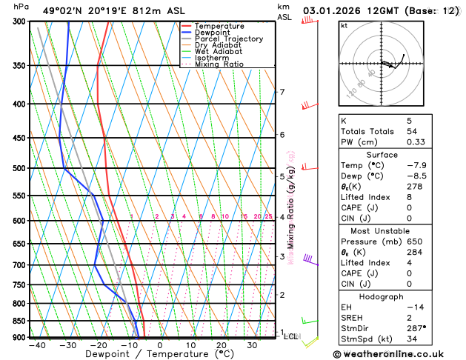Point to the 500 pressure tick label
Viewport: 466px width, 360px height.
click(x=18, y=168)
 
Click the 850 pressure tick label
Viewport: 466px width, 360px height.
click(x=18, y=321)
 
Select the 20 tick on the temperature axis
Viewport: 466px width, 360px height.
click(x=222, y=345)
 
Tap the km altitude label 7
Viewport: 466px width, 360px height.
click(x=282, y=92)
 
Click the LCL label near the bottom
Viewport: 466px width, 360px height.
click(x=290, y=336)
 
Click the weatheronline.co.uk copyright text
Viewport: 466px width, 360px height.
click(x=393, y=355)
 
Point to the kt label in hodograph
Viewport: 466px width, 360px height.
click(x=344, y=26)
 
